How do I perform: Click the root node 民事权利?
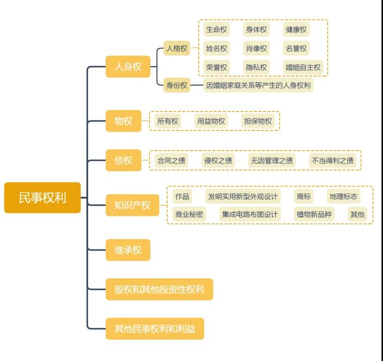(x=42, y=198)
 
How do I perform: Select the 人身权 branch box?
(x=128, y=67)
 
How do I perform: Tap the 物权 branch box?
(x=123, y=121)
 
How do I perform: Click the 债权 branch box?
(x=123, y=160)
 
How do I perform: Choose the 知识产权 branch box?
(x=132, y=205)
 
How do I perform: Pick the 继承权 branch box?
(x=128, y=250)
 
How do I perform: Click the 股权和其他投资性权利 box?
(x=159, y=289)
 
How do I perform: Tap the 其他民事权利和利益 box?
(x=155, y=329)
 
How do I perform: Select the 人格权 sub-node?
(x=177, y=49)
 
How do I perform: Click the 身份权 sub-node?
(x=177, y=85)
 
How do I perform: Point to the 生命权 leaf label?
(x=216, y=29)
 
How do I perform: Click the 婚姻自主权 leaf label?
(x=303, y=67)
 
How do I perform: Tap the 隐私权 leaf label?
(x=257, y=67)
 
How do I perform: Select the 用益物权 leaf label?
(x=211, y=121)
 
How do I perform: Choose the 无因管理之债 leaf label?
(x=272, y=161)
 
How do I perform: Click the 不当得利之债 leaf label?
(x=333, y=161)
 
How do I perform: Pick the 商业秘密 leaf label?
(x=189, y=214)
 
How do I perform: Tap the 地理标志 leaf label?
(x=343, y=196)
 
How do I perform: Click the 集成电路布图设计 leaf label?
(x=249, y=214)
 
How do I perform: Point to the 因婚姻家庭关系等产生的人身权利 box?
(x=258, y=85)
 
